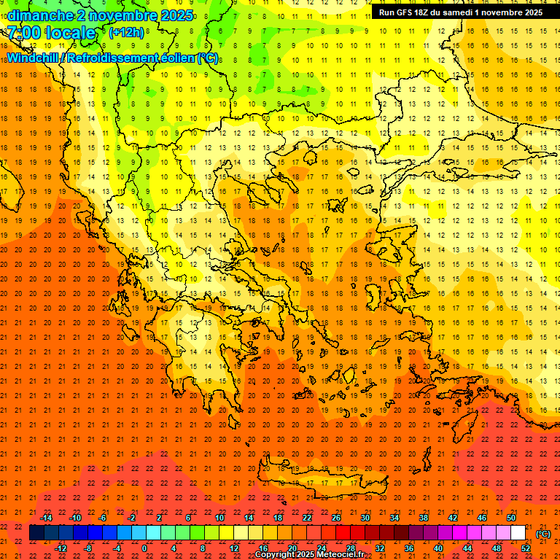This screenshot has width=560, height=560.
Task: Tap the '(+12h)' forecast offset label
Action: coord(126,33)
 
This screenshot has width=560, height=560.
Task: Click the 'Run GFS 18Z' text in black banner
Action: coord(404,12)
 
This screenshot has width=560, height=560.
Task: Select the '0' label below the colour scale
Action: coord(144,548)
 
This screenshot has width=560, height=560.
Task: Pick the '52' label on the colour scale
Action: coord(526,548)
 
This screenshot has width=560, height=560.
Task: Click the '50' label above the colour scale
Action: coord(511,518)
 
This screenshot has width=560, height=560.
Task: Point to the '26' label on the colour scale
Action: coord(336,518)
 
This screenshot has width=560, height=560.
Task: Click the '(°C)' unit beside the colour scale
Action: coord(543,534)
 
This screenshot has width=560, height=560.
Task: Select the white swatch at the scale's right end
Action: coord(518,533)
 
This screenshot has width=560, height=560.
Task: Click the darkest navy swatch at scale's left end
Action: coord(36,533)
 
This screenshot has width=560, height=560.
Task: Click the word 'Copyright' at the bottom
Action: coord(275,555)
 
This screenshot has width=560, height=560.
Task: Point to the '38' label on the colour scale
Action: coord(424,518)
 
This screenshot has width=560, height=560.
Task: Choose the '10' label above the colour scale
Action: coord(219,518)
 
